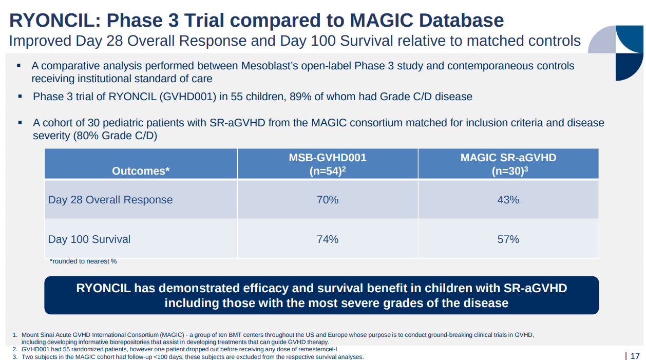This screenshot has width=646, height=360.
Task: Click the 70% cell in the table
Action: [328, 200]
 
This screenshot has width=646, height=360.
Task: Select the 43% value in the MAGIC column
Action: [508, 200]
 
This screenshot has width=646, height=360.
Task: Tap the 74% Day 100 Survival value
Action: [328, 239]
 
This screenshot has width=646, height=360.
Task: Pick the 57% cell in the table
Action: [508, 239]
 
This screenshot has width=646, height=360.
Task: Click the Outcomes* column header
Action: [141, 171]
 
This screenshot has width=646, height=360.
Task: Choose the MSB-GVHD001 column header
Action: [328, 158]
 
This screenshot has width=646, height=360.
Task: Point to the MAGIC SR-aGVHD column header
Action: [508, 158]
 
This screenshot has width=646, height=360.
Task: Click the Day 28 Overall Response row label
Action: [110, 200]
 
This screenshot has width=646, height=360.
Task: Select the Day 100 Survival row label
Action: [89, 239]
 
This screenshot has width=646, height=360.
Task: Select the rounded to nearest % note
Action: [83, 261]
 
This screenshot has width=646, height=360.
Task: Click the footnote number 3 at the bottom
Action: [15, 357]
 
